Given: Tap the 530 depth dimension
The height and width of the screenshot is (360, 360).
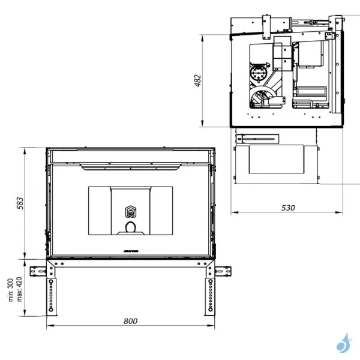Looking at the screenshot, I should [x=288, y=208].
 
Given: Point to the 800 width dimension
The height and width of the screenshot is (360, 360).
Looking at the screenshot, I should [x=130, y=321].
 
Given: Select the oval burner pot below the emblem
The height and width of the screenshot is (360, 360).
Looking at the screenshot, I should [x=130, y=227].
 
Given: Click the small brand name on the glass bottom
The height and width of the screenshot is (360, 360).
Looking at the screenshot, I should [x=130, y=248].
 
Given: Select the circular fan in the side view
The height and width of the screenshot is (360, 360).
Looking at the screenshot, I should [x=259, y=75].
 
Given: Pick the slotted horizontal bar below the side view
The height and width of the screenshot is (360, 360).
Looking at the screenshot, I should [x=258, y=139].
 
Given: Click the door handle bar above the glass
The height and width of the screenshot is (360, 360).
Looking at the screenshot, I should [x=130, y=163].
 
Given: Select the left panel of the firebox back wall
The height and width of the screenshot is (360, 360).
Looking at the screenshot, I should [x=100, y=211].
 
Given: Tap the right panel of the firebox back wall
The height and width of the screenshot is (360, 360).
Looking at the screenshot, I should [x=161, y=211].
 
